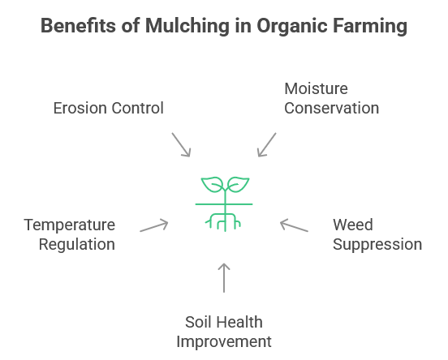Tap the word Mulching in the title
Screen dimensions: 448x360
pyautogui.click(x=187, y=26)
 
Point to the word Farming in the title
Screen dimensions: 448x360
pyautogui.click(x=370, y=26)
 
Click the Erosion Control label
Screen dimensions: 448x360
pyautogui.click(x=109, y=108)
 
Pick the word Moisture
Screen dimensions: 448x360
pyautogui.click(x=316, y=88)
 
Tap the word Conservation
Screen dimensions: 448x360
pyautogui.click(x=332, y=108)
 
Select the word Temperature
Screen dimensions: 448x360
pyautogui.click(x=70, y=225)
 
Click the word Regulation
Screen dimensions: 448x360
pyautogui.click(x=77, y=245)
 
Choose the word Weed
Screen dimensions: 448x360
pyautogui.click(x=353, y=225)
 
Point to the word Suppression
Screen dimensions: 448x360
pyautogui.click(x=377, y=245)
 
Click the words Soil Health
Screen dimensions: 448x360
pyautogui.click(x=224, y=323)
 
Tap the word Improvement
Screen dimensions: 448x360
pyautogui.click(x=224, y=342)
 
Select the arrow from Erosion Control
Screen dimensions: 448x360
pyautogui.click(x=181, y=145)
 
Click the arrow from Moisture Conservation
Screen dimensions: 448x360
pyautogui.click(x=266, y=145)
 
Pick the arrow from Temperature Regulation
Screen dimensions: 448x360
pyautogui.click(x=154, y=225)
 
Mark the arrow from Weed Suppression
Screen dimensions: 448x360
pyautogui.click(x=294, y=225)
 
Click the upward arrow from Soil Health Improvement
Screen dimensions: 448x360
pyautogui.click(x=224, y=278)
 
